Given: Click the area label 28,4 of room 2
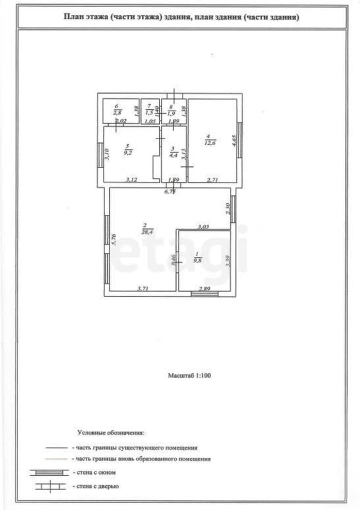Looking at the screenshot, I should [146, 232].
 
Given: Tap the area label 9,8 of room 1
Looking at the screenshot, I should [197, 261].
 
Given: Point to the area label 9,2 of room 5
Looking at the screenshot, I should [128, 152].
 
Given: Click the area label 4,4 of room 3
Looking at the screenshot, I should [172, 156].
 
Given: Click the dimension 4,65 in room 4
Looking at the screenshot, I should [233, 142].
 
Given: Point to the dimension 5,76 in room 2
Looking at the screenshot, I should [114, 240].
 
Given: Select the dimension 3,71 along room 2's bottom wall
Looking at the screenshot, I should [143, 288].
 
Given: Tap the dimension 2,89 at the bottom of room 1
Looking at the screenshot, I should [205, 288].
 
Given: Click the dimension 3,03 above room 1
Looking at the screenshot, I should [203, 226].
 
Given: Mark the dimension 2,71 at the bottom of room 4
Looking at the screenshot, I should [213, 180].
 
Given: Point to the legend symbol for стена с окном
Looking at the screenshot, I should [48, 472].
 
